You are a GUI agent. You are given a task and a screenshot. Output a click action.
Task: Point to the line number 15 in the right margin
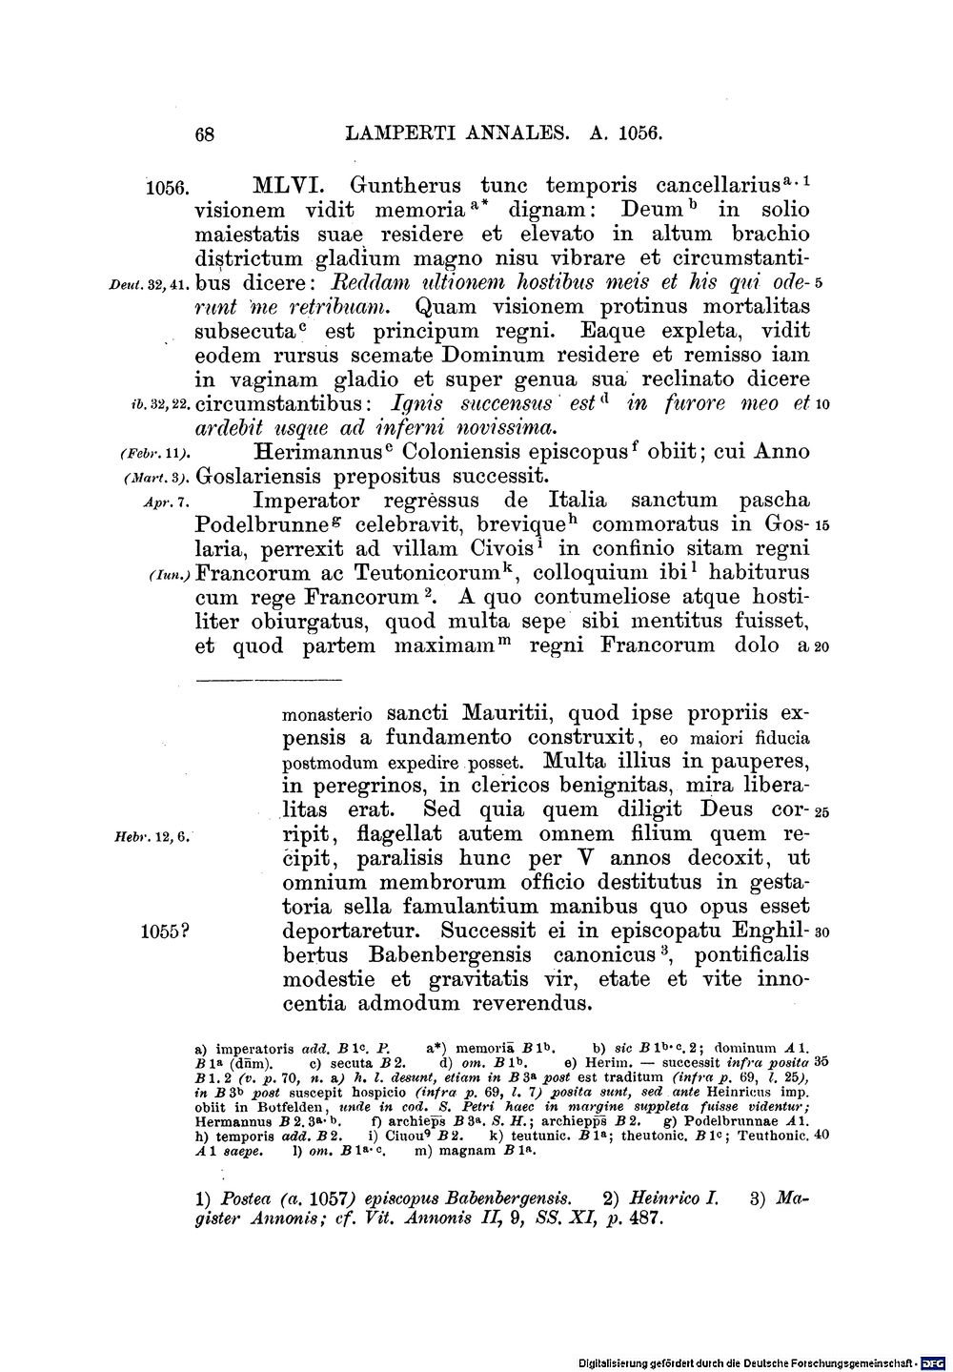823,525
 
